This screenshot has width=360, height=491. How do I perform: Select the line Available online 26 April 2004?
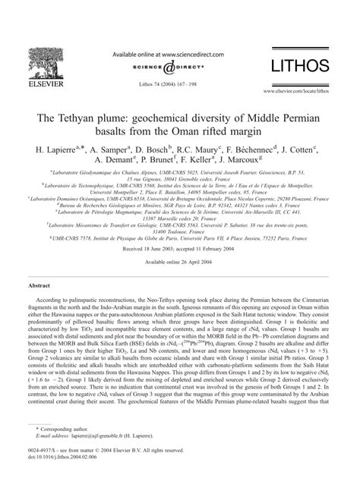tap(179, 241)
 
